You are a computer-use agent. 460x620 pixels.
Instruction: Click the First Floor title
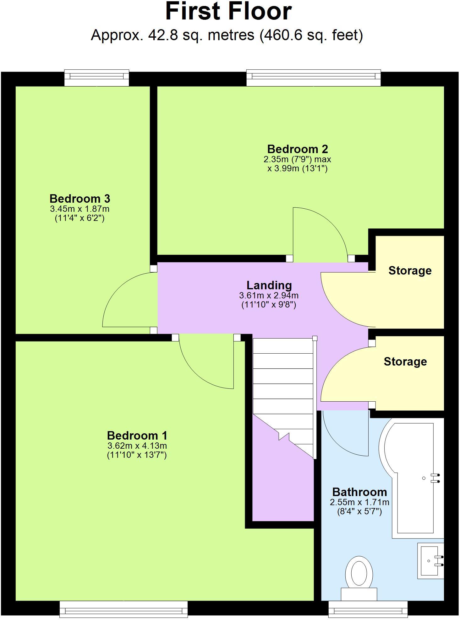pos(228,12)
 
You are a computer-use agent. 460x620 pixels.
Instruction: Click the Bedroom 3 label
pos(80,199)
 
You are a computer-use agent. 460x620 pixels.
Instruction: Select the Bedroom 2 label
pos(297,149)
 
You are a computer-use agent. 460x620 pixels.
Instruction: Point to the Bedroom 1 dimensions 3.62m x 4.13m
pos(137,446)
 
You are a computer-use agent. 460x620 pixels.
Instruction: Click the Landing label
pos(269,285)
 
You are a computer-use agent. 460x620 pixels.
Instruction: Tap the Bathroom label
pos(359,492)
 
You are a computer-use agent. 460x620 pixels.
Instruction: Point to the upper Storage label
pos(410,270)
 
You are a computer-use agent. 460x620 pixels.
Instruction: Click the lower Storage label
pos(405,361)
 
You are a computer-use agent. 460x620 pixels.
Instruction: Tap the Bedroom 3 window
pos(97,77)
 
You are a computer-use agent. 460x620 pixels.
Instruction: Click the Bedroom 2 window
pos(313,77)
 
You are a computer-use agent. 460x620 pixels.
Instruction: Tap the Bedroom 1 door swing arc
pos(201,373)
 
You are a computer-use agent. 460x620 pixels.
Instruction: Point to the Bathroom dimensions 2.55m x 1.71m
pos(359,502)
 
